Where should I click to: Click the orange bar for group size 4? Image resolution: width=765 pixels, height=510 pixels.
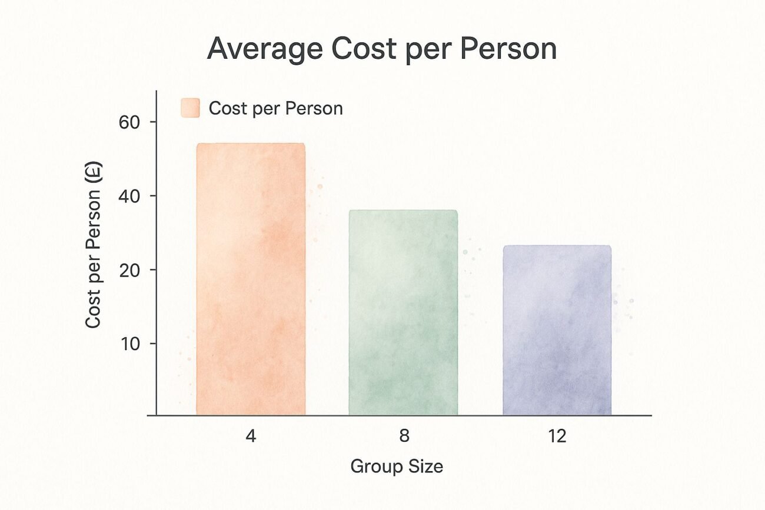(x=251, y=279)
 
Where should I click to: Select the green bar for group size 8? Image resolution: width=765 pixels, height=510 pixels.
(x=403, y=312)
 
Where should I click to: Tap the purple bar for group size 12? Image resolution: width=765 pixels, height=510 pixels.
(x=557, y=330)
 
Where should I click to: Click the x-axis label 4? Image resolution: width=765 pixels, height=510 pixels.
(x=251, y=436)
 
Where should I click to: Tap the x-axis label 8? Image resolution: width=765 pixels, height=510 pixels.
(x=404, y=436)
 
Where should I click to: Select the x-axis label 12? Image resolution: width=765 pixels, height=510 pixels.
(x=557, y=436)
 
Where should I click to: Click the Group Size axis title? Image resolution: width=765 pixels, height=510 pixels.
(x=397, y=466)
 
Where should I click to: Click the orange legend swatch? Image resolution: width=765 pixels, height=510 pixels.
(x=190, y=108)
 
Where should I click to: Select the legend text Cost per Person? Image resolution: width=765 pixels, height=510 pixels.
(x=275, y=108)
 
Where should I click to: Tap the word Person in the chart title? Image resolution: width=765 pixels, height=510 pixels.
(x=513, y=50)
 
